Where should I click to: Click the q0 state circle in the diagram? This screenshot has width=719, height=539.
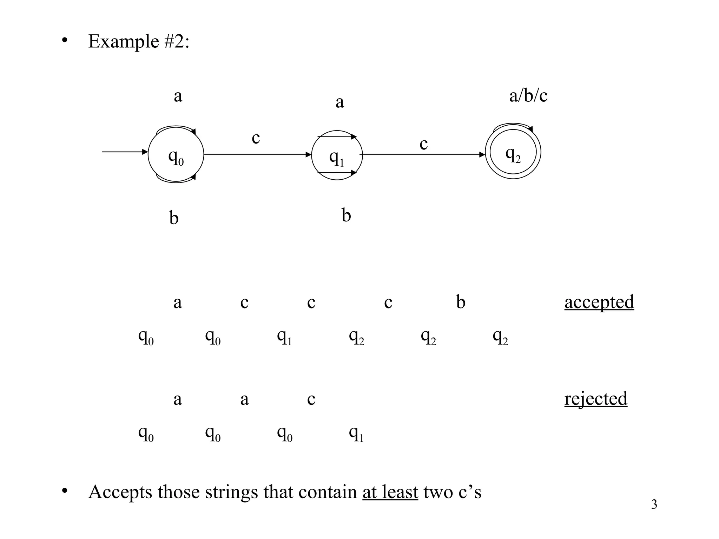tap(176, 155)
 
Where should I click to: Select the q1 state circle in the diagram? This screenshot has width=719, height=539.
tap(337, 155)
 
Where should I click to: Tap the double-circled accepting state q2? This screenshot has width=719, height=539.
tap(513, 152)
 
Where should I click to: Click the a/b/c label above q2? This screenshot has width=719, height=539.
tap(528, 95)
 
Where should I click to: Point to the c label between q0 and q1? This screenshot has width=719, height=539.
tap(256, 138)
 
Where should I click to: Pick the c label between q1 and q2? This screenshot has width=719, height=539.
tap(423, 144)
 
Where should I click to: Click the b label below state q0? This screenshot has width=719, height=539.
tap(174, 218)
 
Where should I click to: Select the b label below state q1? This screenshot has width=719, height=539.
tap(346, 215)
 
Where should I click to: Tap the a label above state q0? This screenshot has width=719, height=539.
tap(178, 96)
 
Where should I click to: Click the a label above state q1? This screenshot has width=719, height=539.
tap(339, 102)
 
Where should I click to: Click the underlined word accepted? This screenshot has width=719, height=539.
tap(599, 302)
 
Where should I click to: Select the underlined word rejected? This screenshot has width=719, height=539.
tap(595, 399)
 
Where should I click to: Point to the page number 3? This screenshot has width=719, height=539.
tap(654, 504)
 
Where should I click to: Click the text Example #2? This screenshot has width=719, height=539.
tap(139, 41)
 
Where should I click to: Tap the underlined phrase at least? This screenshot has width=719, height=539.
tap(390, 492)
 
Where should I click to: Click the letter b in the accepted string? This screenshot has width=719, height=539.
tap(461, 302)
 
